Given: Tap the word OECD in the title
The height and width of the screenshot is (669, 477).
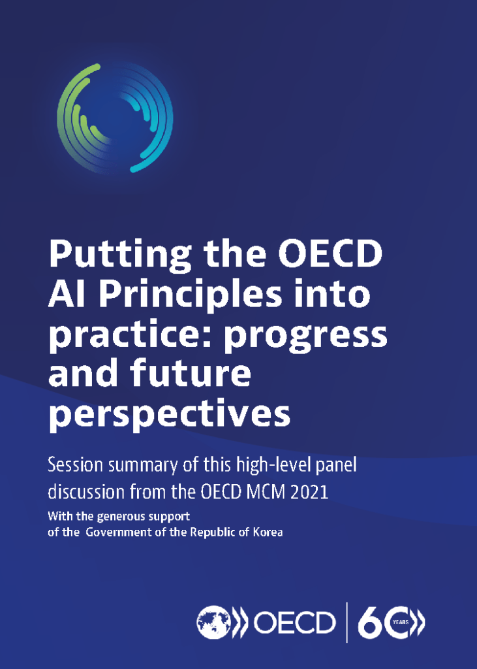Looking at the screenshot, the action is tap(330, 253).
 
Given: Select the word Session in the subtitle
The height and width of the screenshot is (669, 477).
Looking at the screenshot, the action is tap(76, 465).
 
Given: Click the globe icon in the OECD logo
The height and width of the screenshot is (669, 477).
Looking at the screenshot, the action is tap(213, 623).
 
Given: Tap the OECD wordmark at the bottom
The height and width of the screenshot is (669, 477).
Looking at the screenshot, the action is tap(294, 623).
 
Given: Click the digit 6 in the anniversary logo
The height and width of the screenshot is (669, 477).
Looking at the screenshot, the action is tap(369, 623).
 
